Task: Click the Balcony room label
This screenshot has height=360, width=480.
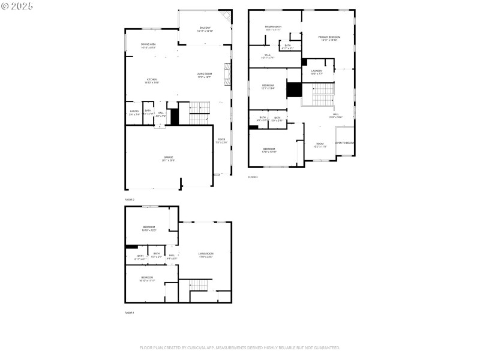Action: pos(205,28)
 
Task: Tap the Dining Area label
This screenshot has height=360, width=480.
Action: pos(149,45)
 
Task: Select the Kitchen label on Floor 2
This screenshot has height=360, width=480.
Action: pos(151,80)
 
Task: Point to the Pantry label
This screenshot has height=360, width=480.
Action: pos(134,112)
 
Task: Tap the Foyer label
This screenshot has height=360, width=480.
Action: pos(221,140)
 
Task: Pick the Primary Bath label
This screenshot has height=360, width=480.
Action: pos(274,28)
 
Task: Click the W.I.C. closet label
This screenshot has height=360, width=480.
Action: pos(267,56)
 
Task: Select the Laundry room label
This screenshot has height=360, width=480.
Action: pos(316,72)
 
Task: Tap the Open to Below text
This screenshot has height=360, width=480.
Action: pos(344,143)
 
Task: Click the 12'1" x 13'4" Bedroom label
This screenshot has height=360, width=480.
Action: pos(268,86)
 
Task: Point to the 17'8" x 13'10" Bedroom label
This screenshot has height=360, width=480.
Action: pos(269,150)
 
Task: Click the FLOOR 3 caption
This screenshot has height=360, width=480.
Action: pos(253,177)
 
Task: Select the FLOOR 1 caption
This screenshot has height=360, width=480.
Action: pos(130,313)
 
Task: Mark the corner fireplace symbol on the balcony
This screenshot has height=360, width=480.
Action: pos(225,16)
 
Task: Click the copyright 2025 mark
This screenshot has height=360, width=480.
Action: pos(17,6)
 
